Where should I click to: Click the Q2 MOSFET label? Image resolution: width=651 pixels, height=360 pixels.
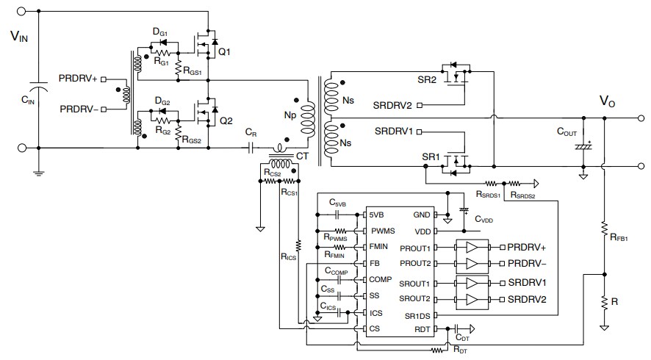pyautogui.click(x=225, y=121)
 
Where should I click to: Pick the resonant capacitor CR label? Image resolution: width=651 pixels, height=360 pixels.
pyautogui.click(x=251, y=133)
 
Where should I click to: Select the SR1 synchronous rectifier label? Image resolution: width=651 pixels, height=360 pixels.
pyautogui.click(x=431, y=157)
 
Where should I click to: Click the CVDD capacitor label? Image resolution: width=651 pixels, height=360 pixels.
pyautogui.click(x=484, y=220)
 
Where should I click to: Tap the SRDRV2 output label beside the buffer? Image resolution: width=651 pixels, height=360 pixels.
pyautogui.click(x=528, y=298)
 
